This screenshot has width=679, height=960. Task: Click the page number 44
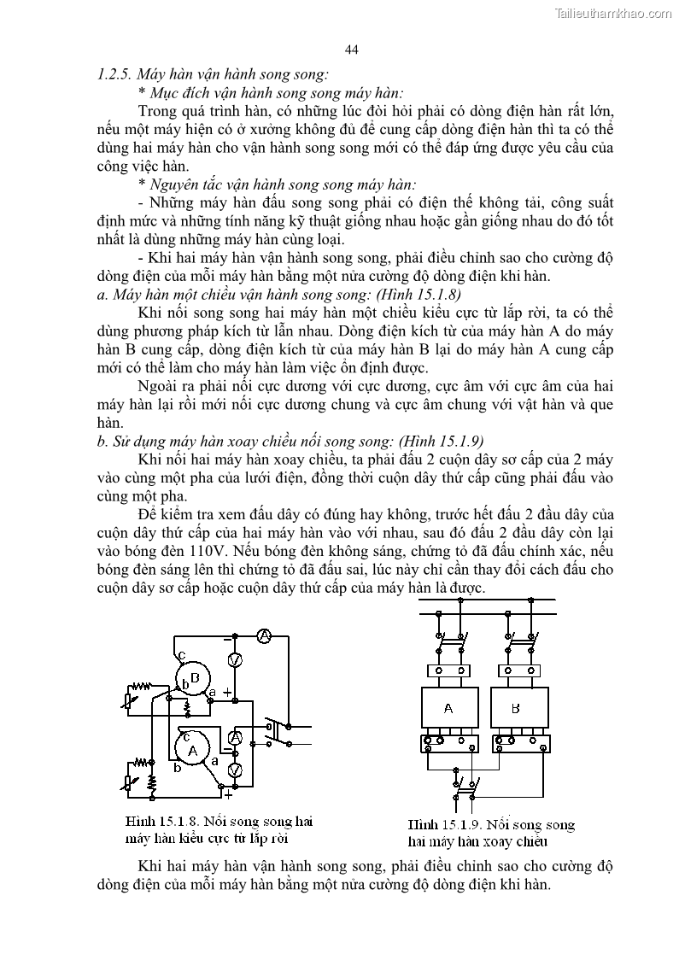point(351,50)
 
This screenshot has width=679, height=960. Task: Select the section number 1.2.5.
point(115,74)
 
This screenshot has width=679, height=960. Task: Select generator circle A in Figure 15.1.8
point(192,748)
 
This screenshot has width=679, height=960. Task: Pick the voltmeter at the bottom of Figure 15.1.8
point(237,770)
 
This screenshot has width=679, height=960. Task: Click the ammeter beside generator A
point(237,736)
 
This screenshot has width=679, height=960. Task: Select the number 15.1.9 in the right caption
point(465,825)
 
